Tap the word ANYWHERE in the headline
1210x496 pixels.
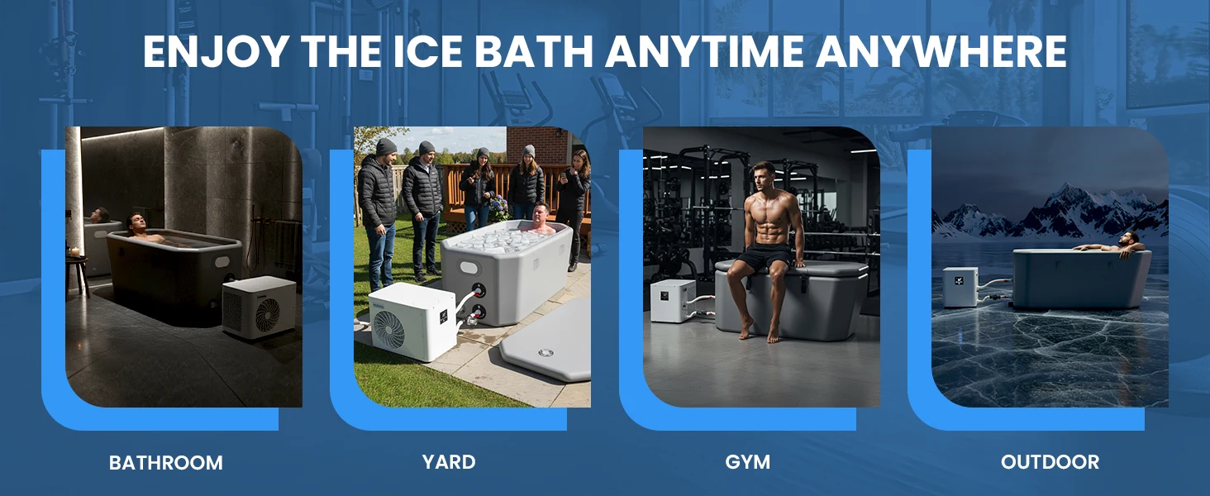click(941, 51)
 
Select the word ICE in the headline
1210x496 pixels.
click(426, 51)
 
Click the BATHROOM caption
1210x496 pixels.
click(166, 463)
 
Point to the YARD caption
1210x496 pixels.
click(449, 462)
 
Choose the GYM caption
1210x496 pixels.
click(748, 462)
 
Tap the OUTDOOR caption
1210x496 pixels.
click(1050, 462)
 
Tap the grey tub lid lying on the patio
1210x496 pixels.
click(545, 346)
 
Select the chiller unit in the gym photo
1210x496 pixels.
click(673, 300)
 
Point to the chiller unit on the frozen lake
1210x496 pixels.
click(960, 287)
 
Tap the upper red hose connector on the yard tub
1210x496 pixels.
click(478, 289)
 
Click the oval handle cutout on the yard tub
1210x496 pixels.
click(469, 268)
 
